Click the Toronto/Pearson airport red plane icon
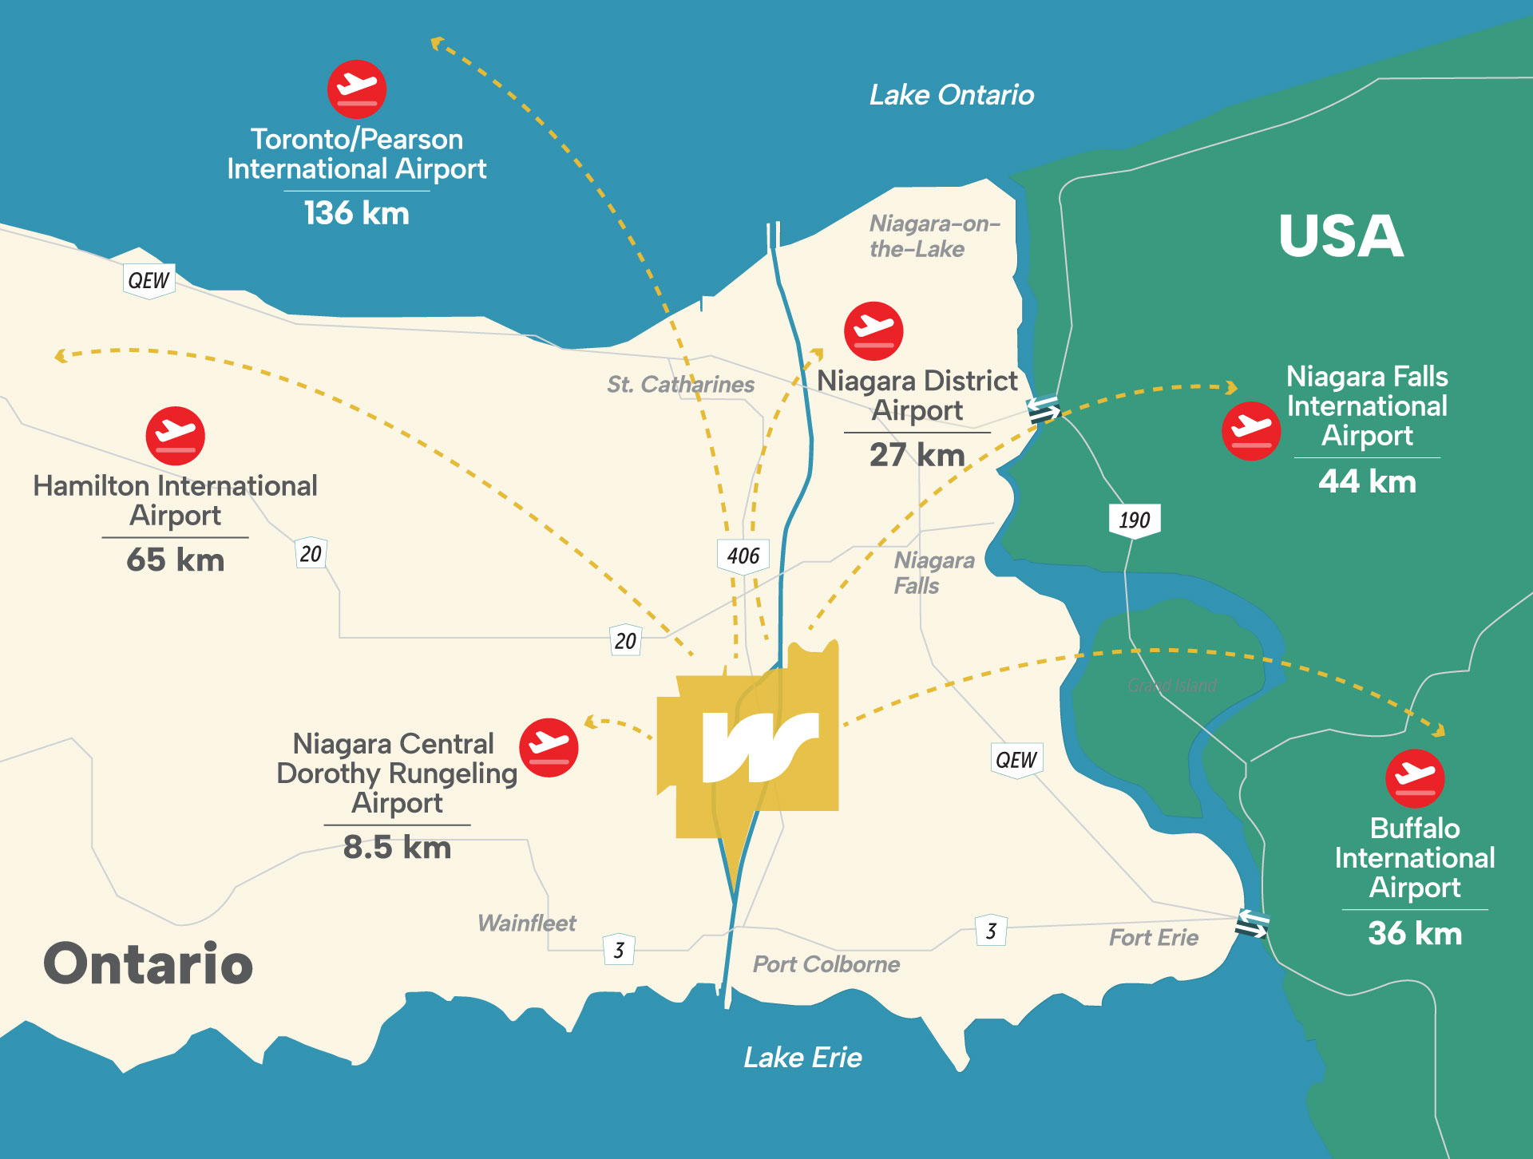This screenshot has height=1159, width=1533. tap(357, 89)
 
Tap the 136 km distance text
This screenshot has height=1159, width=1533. tap(356, 213)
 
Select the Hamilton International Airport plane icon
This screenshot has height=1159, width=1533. tap(176, 436)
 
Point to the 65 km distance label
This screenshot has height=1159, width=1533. tap(176, 560)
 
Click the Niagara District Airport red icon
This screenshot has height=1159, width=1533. tap(873, 330)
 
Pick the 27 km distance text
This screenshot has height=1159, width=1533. tap(917, 455)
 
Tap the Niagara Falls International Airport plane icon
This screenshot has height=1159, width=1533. tap(1251, 431)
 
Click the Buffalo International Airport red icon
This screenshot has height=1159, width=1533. tap(1415, 778)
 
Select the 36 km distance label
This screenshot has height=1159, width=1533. tap(1415, 933)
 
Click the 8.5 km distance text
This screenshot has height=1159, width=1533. tap(397, 848)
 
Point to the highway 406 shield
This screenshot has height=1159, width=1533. tap(743, 556)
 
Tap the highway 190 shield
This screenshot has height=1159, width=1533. tap(1134, 520)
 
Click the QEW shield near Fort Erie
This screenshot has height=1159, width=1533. tap(1016, 760)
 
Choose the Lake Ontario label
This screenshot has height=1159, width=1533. tap(951, 96)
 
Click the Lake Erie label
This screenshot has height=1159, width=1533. tap(802, 1058)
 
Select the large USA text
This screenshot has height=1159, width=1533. tap(1341, 236)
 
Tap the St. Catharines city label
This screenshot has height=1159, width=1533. tap(680, 385)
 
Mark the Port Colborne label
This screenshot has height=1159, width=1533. tap(826, 964)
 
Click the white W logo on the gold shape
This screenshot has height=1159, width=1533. tap(759, 746)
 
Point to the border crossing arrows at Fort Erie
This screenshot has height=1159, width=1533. tap(1251, 924)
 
